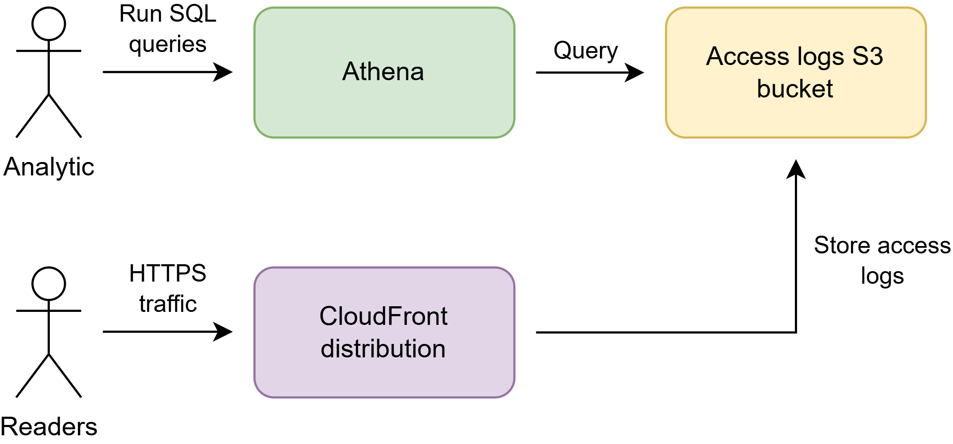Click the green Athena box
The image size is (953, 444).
pos(384,104)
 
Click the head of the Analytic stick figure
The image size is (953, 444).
pos(49,24)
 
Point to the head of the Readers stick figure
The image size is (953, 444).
pos(49,284)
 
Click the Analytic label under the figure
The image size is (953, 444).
pos(49,167)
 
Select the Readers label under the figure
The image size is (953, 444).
pos(49,427)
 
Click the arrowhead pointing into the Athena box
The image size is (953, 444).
pos(224,72)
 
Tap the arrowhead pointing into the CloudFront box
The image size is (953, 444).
pos(224,332)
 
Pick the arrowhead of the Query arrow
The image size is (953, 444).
pos(635,72)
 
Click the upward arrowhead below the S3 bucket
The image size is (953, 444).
pos(796,169)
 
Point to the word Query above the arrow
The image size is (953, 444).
pos(586,51)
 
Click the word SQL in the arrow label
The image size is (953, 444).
pos(192,14)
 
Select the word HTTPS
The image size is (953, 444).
pos(168,273)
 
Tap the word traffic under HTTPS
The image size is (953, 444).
pos(168,304)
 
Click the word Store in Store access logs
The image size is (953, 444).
pos(842,246)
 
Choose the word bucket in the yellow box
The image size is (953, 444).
pos(795,89)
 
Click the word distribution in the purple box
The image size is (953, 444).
pos(383,349)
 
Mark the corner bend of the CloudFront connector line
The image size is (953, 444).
pos(796,332)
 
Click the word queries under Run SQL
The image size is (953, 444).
pos(168,44)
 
